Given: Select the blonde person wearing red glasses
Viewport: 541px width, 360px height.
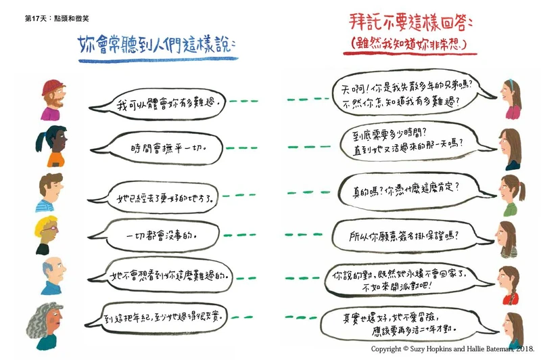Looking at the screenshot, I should click(48, 233).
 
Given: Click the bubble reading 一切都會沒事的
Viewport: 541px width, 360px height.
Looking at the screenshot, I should click(162, 237).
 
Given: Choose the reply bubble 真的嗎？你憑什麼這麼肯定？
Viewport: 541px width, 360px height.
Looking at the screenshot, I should click(406, 188).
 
